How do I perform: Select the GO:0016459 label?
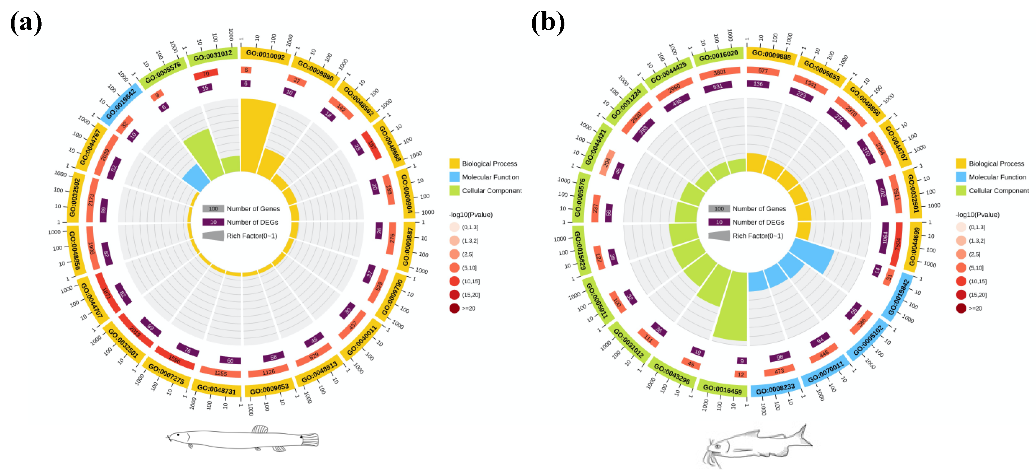pyautogui.click(x=722, y=388)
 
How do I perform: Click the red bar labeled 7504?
pyautogui.click(x=897, y=244)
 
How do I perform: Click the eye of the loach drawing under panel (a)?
pyautogui.click(x=178, y=435)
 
